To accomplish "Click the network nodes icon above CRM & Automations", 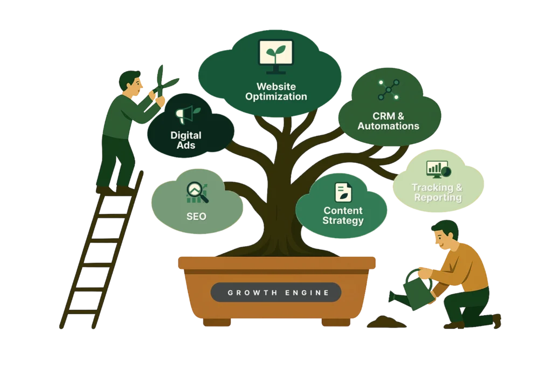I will [x=388, y=90].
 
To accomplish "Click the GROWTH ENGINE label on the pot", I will [x=275, y=293].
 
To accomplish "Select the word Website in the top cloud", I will [x=275, y=86].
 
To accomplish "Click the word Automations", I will [x=388, y=126].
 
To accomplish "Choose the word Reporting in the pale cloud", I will [x=438, y=197].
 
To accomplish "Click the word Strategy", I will [x=343, y=221].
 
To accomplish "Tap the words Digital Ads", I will [x=185, y=140].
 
